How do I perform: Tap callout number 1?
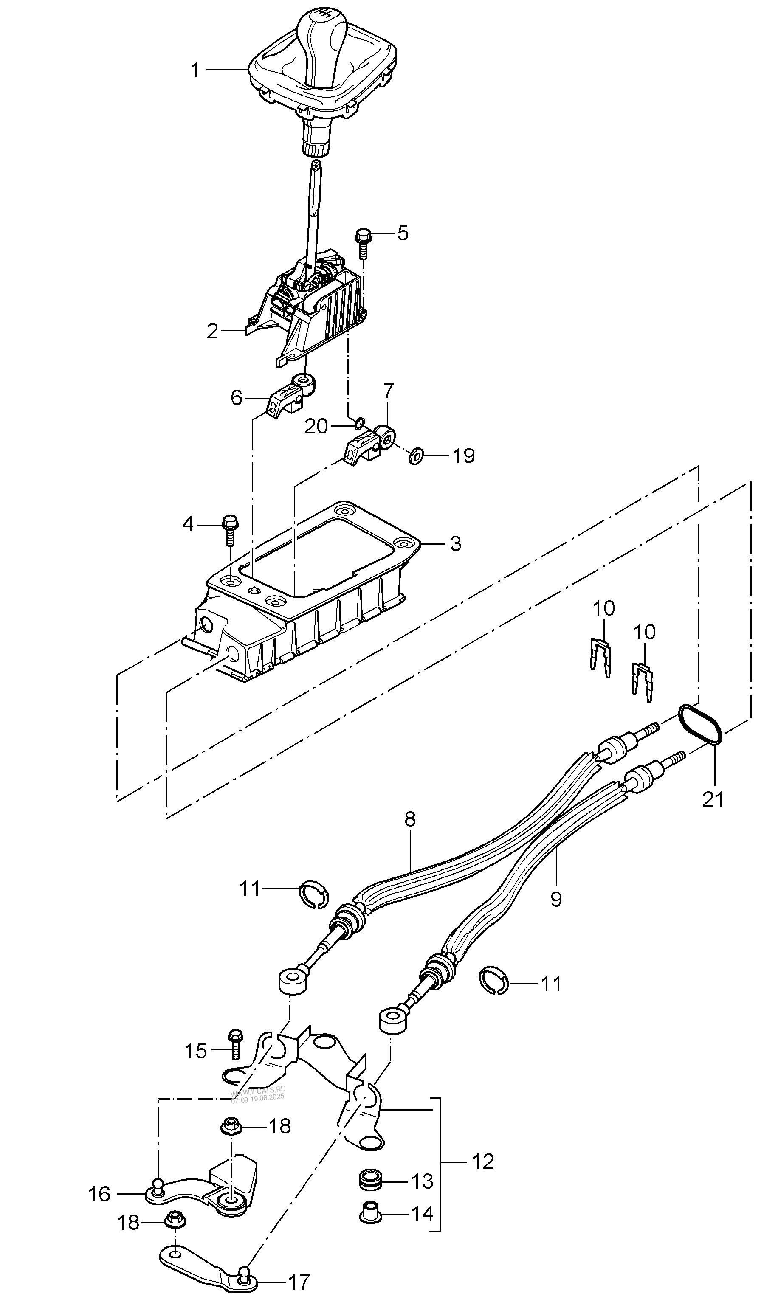195,70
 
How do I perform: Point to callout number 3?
455,544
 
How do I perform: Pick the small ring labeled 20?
358,425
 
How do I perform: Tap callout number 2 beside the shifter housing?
212,332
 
